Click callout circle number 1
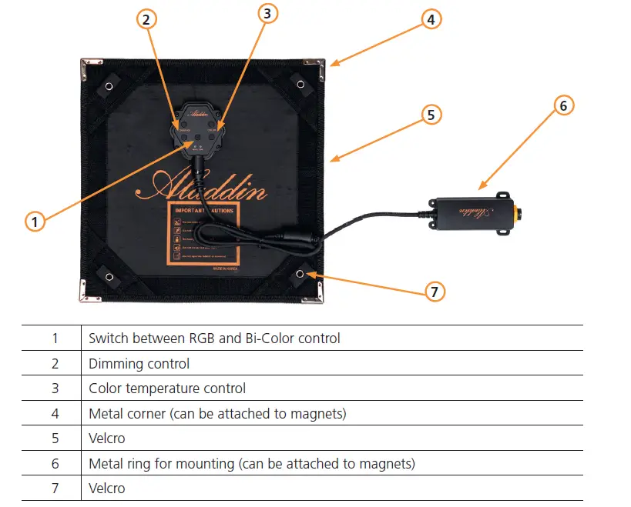pyautogui.click(x=34, y=222)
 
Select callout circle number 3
pyautogui.click(x=267, y=13)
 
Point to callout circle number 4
pyautogui.click(x=431, y=19)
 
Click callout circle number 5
pyautogui.click(x=431, y=115)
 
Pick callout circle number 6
pyautogui.click(x=563, y=105)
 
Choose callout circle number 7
pyautogui.click(x=435, y=291)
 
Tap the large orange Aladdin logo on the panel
pyautogui.click(x=202, y=187)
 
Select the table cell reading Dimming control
pyautogui.click(x=139, y=363)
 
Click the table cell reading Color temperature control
pyautogui.click(x=167, y=389)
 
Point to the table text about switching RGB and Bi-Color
pyautogui.click(x=214, y=338)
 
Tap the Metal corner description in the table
pyautogui.click(x=217, y=413)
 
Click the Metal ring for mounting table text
pyautogui.click(x=252, y=463)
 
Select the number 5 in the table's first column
pyautogui.click(x=55, y=438)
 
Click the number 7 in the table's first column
pyautogui.click(x=55, y=488)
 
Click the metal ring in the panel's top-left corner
pyautogui.click(x=109, y=85)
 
